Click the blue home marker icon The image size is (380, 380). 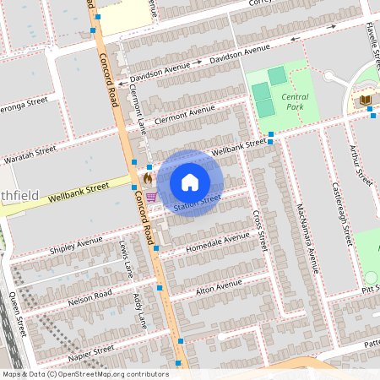click(x=190, y=182)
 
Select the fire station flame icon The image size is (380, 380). click(x=147, y=179)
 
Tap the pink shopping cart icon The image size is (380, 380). click(x=151, y=196)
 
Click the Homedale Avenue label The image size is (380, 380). click(x=202, y=244)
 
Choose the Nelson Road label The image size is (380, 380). click(x=90, y=296)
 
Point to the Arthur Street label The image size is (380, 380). click(x=361, y=165)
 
